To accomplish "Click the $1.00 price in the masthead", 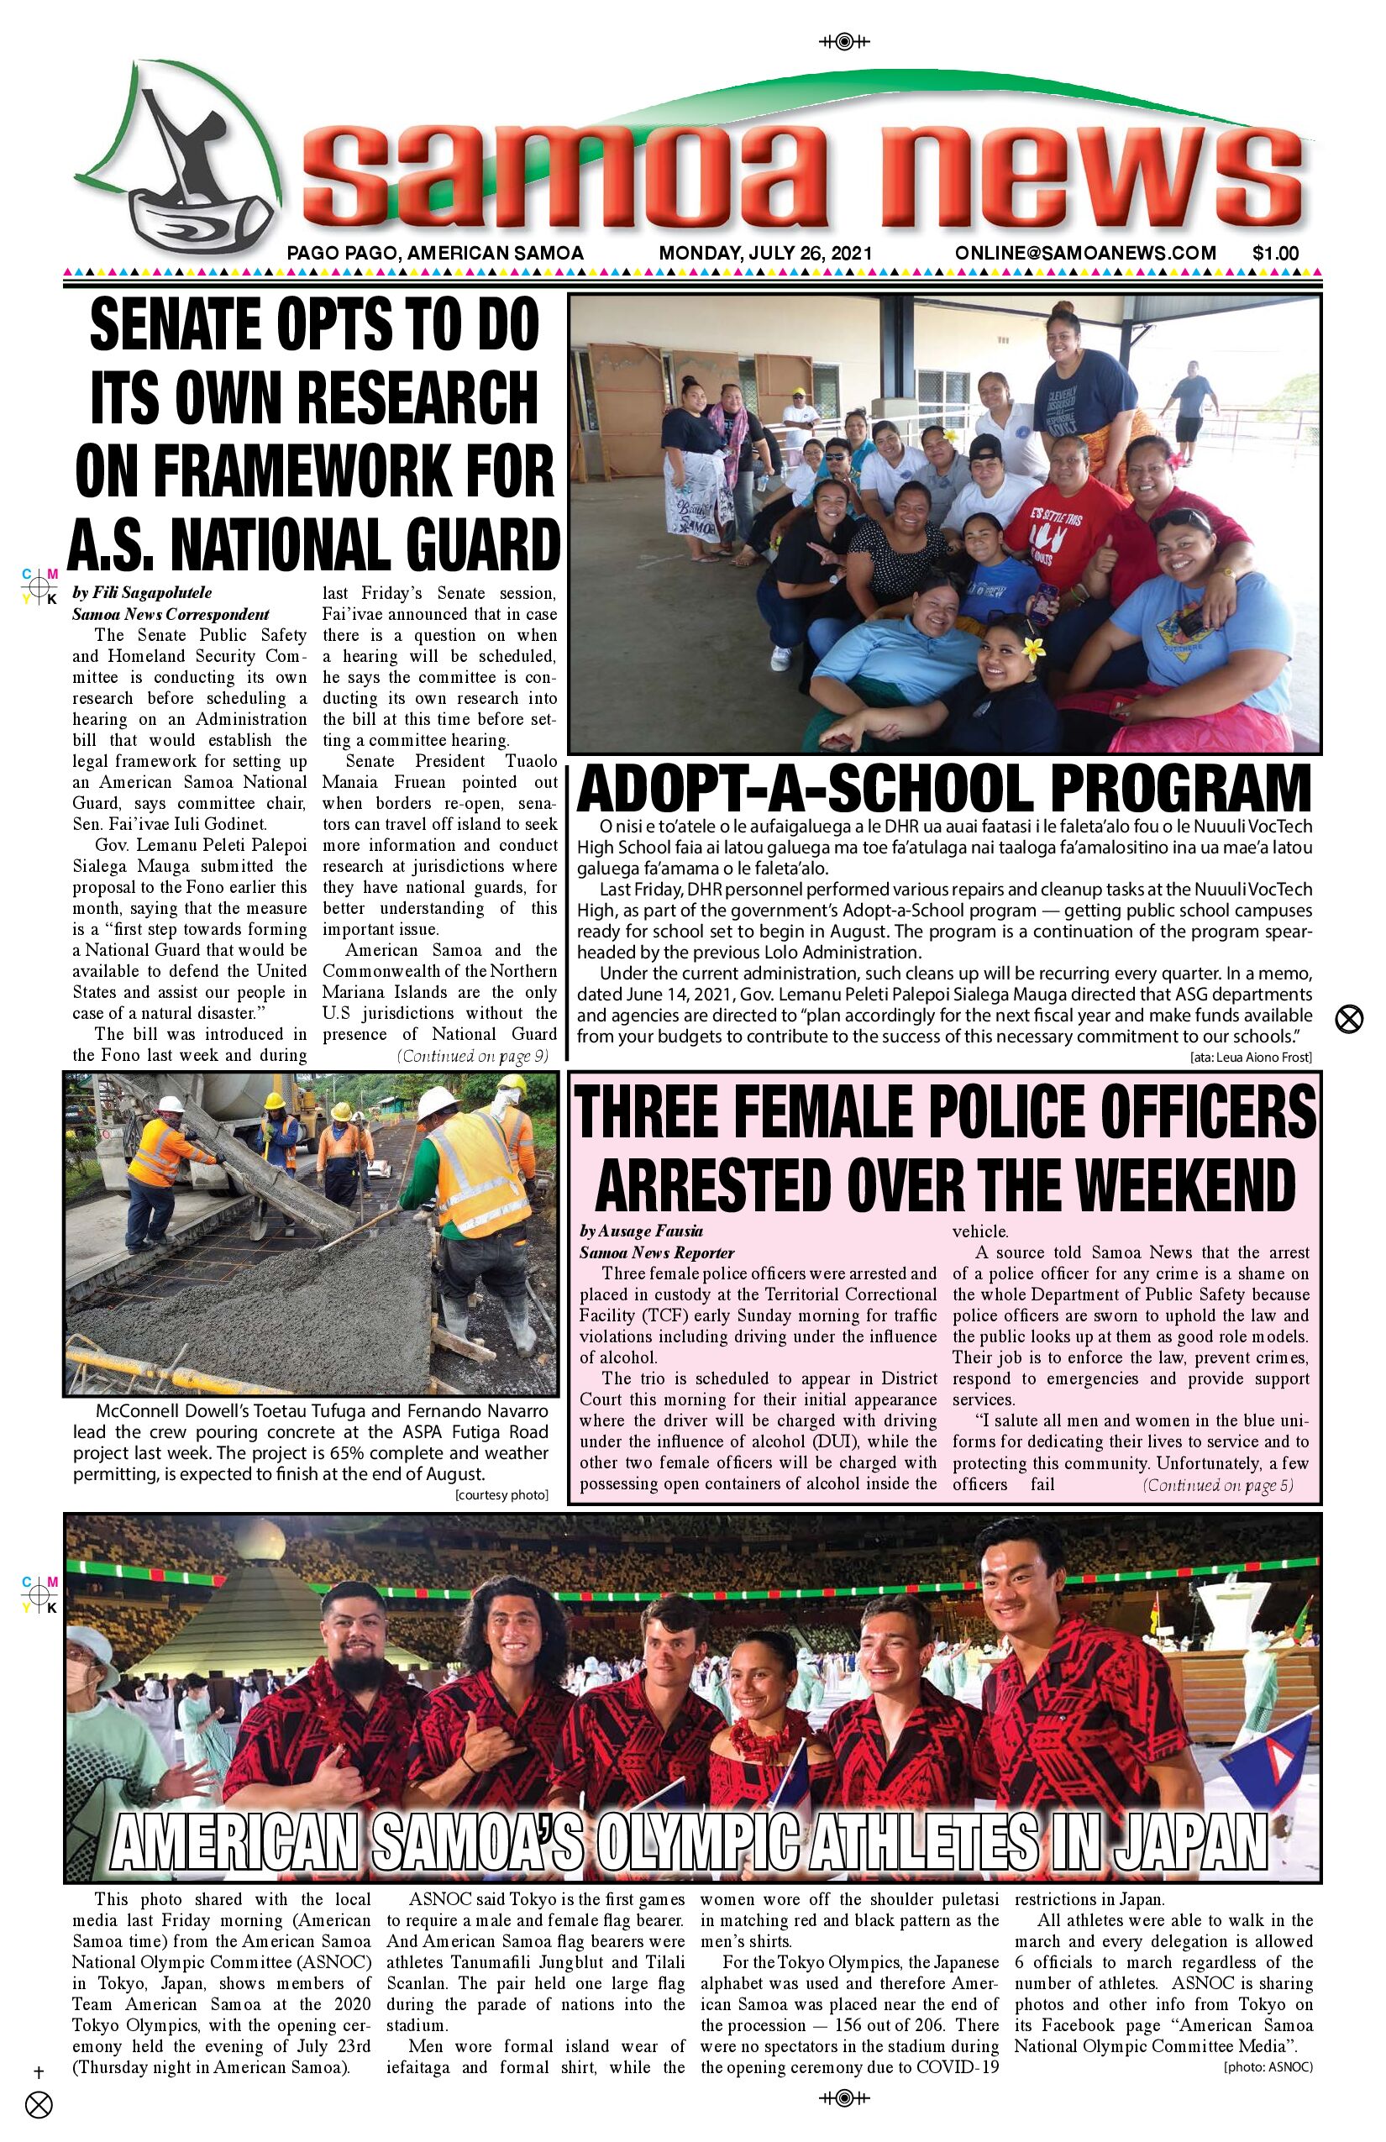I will (1274, 254).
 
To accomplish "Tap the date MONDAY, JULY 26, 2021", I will (765, 254).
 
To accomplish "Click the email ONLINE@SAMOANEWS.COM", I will (1085, 254).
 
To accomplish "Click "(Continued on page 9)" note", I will (472, 1056).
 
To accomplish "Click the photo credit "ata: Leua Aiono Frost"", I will (1250, 1058).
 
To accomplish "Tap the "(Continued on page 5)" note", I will (1218, 1485).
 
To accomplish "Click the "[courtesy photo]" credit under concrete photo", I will (501, 1495).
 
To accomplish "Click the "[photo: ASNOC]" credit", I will (1268, 2067).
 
